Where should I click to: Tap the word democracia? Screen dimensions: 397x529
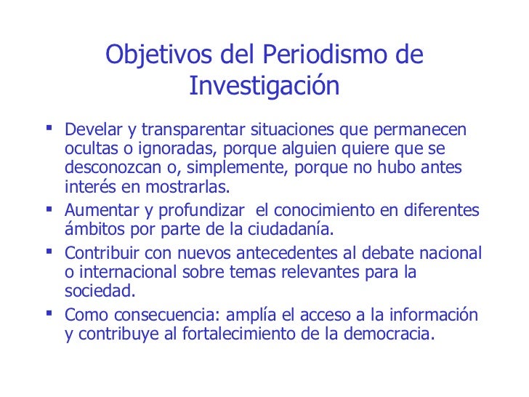[x=396, y=334]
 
